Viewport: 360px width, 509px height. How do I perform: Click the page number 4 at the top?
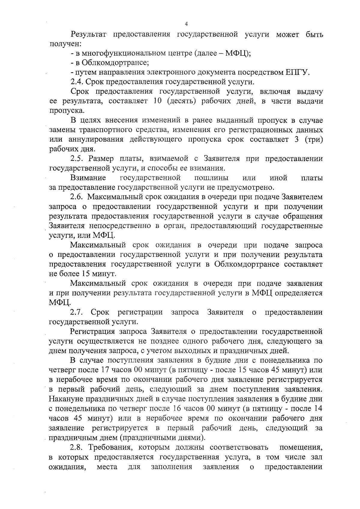pos(186,24)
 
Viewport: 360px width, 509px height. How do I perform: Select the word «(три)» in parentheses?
pos(313,139)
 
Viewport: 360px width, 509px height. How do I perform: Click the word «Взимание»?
pos(88,178)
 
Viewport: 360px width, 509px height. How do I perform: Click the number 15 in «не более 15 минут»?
pos(86,274)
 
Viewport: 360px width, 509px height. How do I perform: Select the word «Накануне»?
pos(66,399)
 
